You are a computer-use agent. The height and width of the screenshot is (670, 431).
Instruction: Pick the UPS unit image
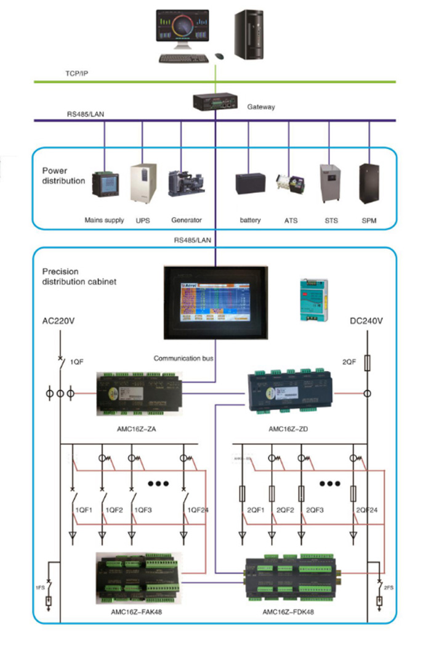(143, 183)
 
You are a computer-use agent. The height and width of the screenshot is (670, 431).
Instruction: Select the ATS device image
(291, 184)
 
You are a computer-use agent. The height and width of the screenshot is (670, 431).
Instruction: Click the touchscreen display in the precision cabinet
(216, 301)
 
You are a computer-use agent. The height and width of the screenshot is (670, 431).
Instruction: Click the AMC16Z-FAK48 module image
(141, 578)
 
